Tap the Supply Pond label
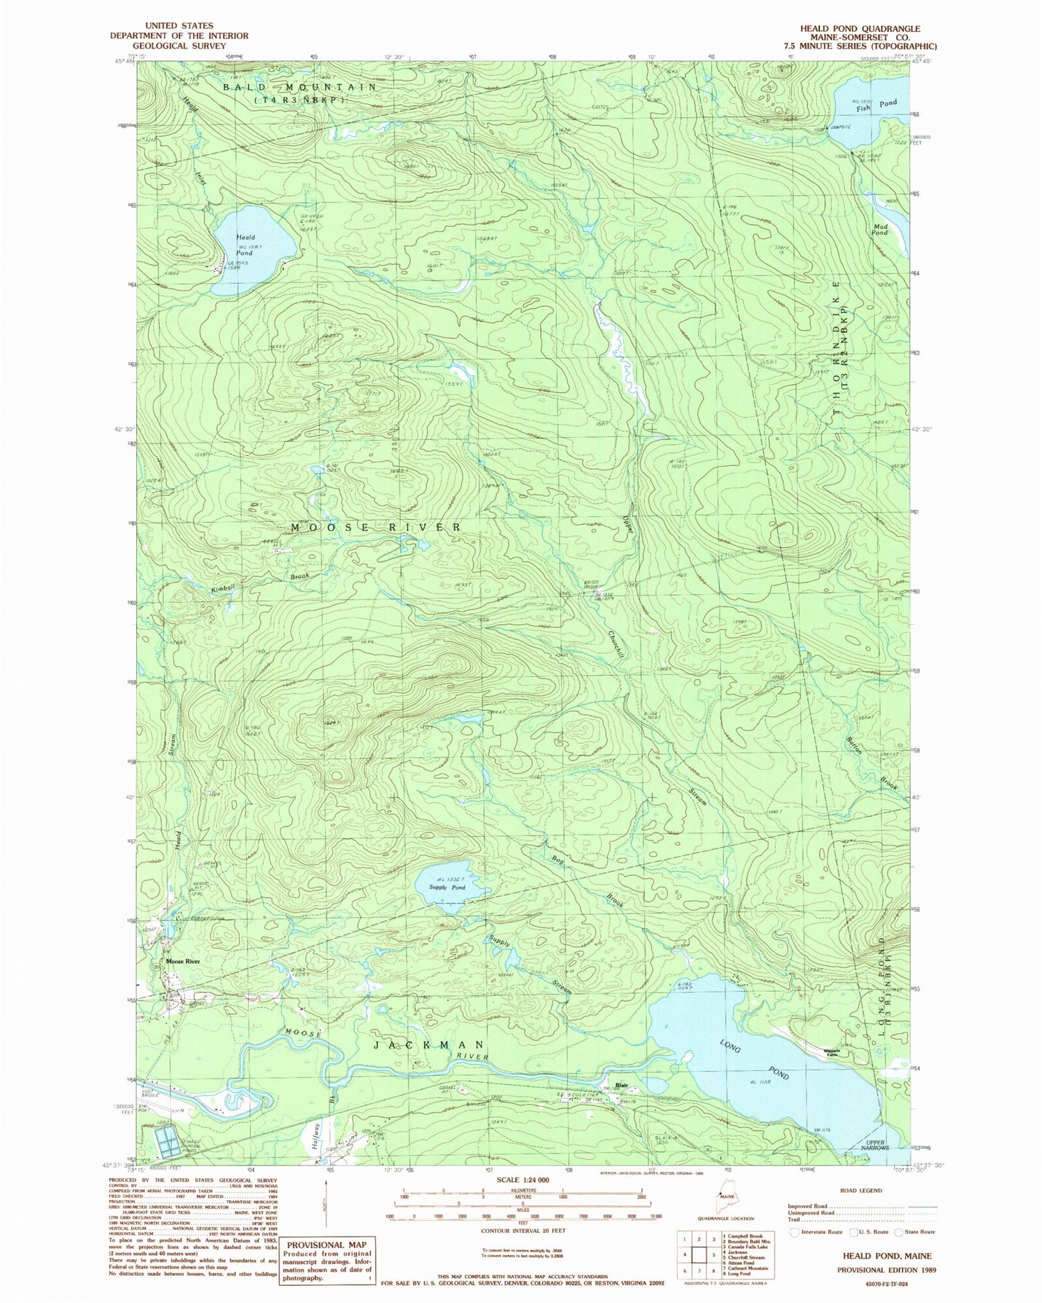447,887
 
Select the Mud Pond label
879,229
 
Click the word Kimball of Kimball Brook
224,587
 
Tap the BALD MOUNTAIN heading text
299,88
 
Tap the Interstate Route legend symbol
795,1231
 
